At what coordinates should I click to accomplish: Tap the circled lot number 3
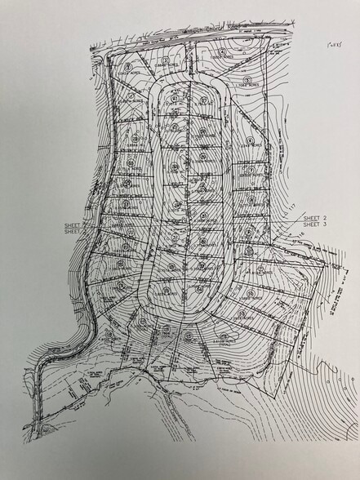(166, 60)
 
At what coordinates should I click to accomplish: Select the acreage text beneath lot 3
(166, 66)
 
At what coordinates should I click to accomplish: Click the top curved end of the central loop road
(187, 80)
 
